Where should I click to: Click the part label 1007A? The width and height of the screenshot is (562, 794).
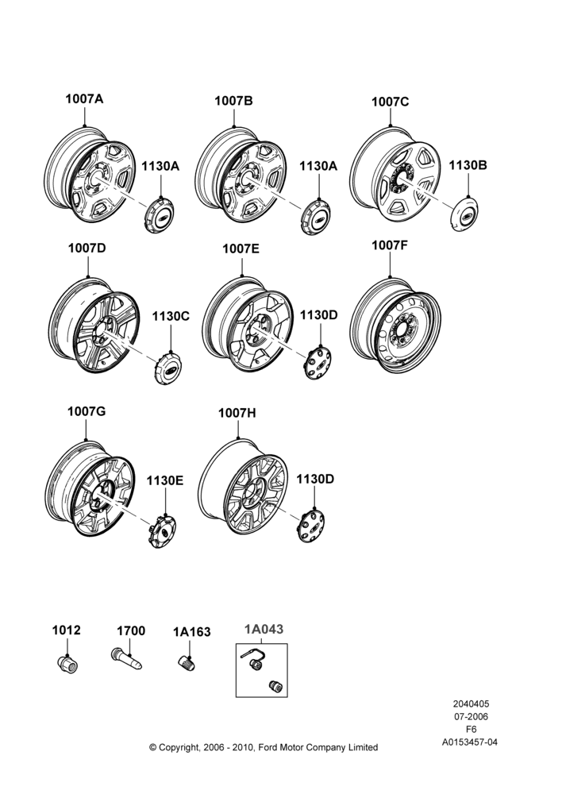(84, 98)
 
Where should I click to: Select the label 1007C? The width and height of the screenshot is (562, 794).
(390, 102)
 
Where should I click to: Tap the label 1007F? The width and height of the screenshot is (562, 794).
(389, 245)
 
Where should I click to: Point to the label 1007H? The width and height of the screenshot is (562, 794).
(237, 413)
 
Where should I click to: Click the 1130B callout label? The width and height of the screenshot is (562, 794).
(468, 166)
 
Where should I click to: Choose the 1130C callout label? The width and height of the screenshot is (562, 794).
(171, 317)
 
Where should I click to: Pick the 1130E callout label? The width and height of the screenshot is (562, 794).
(165, 480)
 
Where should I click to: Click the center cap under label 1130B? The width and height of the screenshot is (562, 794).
(464, 214)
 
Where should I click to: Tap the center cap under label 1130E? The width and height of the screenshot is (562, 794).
(162, 531)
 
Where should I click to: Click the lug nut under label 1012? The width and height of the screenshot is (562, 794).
(67, 665)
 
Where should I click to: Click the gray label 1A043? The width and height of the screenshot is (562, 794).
(264, 630)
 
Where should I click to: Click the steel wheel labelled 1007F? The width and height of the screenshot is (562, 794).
(395, 325)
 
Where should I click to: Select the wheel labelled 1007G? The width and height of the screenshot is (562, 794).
(90, 488)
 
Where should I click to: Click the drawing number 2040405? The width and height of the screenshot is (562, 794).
(471, 703)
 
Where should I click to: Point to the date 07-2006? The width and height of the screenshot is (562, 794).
(471, 716)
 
